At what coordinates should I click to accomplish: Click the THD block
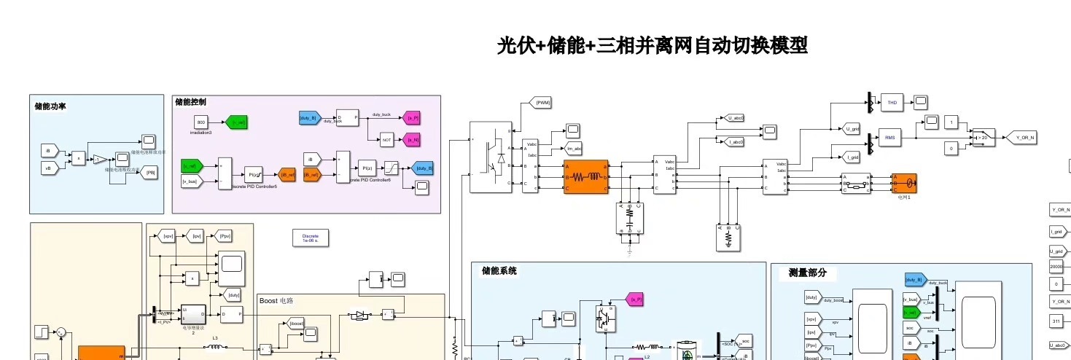coord(892,103)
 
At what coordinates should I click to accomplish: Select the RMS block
coord(890,137)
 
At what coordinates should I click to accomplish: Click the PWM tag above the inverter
coord(543,103)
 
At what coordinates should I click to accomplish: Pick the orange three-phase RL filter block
coord(585,177)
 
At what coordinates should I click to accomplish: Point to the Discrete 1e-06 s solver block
coord(311,238)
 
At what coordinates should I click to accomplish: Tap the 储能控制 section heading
coord(191,102)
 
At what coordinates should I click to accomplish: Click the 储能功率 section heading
coord(51,106)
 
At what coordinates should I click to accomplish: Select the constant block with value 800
coord(201,122)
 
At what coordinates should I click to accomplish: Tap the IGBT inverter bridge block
coord(490,157)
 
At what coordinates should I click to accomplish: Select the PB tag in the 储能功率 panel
coord(151,173)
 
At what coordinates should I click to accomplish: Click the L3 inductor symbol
coord(215,347)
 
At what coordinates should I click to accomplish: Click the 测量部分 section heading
coord(807,273)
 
